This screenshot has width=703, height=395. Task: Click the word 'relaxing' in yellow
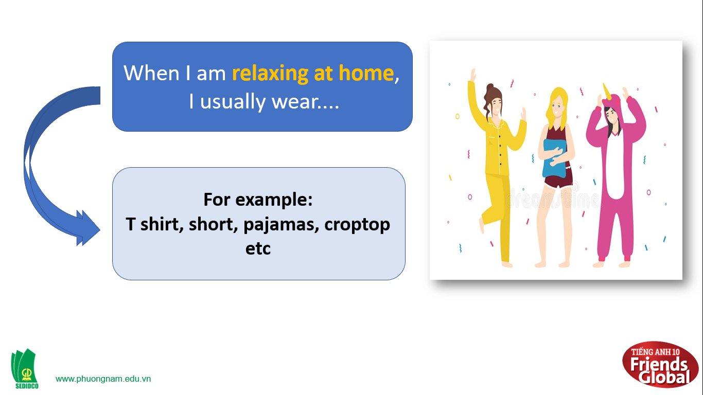tap(270, 74)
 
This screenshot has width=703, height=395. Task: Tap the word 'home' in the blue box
tap(366, 73)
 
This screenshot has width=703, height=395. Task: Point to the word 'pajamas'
tap(281, 225)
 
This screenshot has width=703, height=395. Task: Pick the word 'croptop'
tap(357, 225)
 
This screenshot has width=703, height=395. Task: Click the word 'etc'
tap(258, 248)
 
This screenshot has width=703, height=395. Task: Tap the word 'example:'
tap(274, 200)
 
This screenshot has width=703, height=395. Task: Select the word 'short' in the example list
tap(213, 224)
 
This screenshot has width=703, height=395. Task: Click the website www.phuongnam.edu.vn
tap(103, 379)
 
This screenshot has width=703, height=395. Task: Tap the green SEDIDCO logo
tap(25, 369)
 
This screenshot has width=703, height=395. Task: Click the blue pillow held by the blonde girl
tap(554, 158)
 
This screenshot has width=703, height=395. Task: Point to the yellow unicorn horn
tap(607, 91)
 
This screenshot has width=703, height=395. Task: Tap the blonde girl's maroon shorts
tap(558, 181)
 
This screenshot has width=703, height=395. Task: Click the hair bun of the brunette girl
tap(490, 87)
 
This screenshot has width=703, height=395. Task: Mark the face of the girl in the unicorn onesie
tap(612, 116)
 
